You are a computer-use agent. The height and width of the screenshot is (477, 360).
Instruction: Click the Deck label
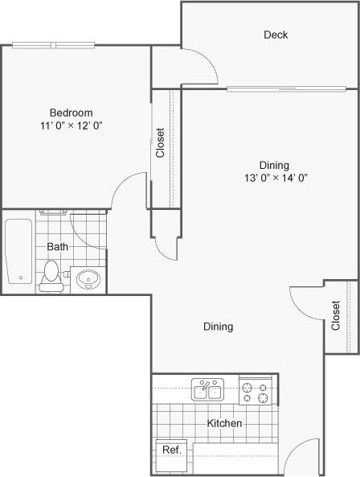click(276, 35)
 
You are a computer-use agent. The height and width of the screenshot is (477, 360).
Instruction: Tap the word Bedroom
click(71, 113)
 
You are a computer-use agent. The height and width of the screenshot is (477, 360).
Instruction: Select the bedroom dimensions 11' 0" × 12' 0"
click(71, 125)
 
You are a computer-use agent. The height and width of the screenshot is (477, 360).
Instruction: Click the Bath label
click(57, 246)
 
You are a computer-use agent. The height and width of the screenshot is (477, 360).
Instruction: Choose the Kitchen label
click(225, 423)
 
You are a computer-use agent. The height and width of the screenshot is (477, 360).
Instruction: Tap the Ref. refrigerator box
click(170, 450)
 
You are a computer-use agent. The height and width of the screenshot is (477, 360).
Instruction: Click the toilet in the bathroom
click(51, 275)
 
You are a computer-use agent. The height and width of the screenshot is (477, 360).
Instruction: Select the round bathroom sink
click(88, 280)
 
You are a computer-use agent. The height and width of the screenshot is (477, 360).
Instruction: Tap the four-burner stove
click(258, 392)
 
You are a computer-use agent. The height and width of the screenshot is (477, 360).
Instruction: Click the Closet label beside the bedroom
click(161, 143)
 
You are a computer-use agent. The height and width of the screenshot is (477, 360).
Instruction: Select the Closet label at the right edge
click(335, 315)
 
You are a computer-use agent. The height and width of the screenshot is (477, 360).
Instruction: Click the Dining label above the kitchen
click(218, 327)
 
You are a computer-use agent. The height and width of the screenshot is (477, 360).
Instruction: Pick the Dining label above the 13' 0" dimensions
click(273, 165)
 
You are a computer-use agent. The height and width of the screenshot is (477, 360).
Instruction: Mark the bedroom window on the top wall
click(55, 45)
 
